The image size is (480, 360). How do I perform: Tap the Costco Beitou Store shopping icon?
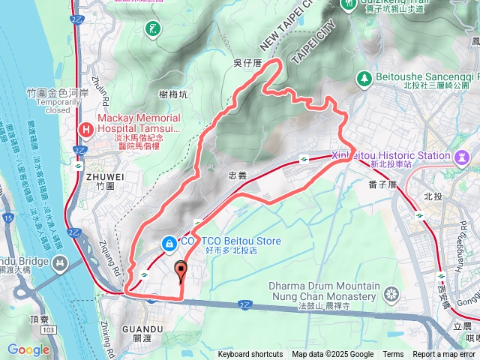click(170, 242)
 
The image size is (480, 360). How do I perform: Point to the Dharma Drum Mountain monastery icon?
click(391, 295)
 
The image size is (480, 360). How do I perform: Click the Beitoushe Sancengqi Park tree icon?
click(364, 77)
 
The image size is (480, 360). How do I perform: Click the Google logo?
click(28, 349)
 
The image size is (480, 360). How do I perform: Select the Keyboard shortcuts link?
click(250, 355)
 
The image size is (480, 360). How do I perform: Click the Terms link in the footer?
click(393, 355)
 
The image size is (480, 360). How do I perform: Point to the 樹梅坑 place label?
click(173, 93)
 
